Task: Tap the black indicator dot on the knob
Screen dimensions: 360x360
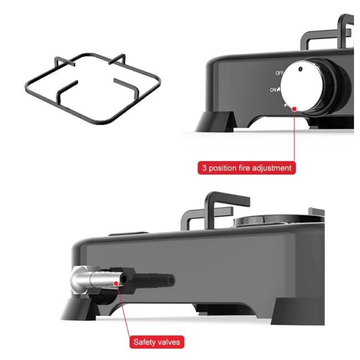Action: click(300, 69)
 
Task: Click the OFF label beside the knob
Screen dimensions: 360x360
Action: click(280, 73)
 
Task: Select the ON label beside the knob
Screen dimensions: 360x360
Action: click(274, 89)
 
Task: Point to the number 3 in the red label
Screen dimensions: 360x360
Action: click(205, 167)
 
